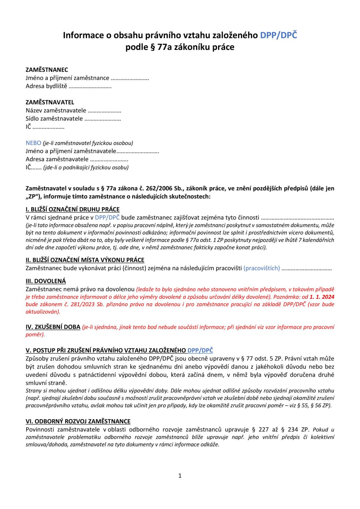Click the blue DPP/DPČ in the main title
tap(278, 35)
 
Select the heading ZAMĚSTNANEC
tap(47, 70)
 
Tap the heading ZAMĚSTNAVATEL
tap(50, 102)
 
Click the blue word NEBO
tap(33, 143)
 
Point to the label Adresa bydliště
tap(46, 86)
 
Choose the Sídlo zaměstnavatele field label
tap(54, 119)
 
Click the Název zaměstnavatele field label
tap(56, 110)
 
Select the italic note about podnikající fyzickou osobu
tap(86, 167)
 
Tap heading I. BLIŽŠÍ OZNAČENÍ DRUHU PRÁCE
tap(73, 209)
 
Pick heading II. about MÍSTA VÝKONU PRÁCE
tap(85, 260)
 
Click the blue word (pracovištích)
tap(262, 268)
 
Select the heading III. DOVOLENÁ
tap(46, 281)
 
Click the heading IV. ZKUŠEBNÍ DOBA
tap(53, 327)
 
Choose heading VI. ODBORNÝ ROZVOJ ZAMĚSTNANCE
tap(78, 422)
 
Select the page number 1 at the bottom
tap(180, 476)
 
